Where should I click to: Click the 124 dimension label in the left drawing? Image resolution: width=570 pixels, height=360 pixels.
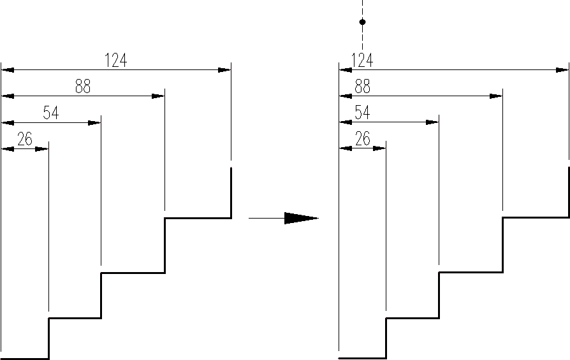point(116,61)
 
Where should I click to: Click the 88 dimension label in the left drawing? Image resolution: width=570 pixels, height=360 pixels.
point(83,87)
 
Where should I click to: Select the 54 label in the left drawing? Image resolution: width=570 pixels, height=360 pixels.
point(50,113)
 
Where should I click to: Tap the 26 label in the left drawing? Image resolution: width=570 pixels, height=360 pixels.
point(25,140)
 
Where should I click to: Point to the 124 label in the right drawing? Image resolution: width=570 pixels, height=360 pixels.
point(362,61)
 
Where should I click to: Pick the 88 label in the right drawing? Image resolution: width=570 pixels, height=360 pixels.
point(362,87)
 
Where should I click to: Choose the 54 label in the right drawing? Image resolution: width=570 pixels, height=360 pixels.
point(362,113)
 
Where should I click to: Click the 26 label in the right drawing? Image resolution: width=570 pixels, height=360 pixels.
point(362,140)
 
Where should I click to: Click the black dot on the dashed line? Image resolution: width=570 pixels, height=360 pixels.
point(362,22)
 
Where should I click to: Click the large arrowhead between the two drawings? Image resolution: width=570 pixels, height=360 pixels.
point(300,218)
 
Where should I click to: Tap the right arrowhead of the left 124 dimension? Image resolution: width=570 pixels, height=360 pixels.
point(224,69)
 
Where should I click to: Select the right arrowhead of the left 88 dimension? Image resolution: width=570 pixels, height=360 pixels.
point(158,96)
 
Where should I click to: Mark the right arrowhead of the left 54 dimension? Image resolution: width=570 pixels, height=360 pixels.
point(94,122)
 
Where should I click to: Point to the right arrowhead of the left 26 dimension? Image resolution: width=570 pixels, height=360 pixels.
point(42,149)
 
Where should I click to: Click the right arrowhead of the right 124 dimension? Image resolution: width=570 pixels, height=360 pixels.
point(562,69)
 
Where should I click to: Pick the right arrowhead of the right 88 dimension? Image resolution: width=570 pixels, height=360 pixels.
point(496,96)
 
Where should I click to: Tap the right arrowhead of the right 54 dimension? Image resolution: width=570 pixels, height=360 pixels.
point(432,122)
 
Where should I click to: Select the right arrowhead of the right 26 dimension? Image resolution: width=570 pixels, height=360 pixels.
point(380,149)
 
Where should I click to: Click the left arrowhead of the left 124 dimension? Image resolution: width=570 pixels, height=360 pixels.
point(8,69)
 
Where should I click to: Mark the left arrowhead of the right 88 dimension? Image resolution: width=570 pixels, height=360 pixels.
point(346,96)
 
